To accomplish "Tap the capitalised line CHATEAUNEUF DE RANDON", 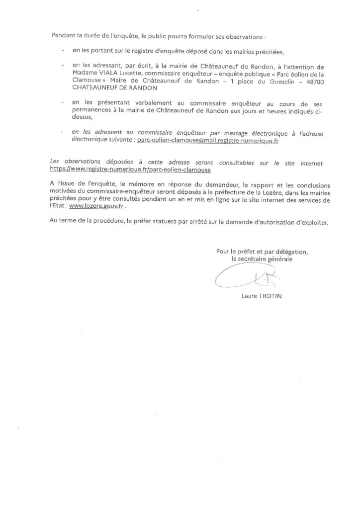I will (x=115, y=88).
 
